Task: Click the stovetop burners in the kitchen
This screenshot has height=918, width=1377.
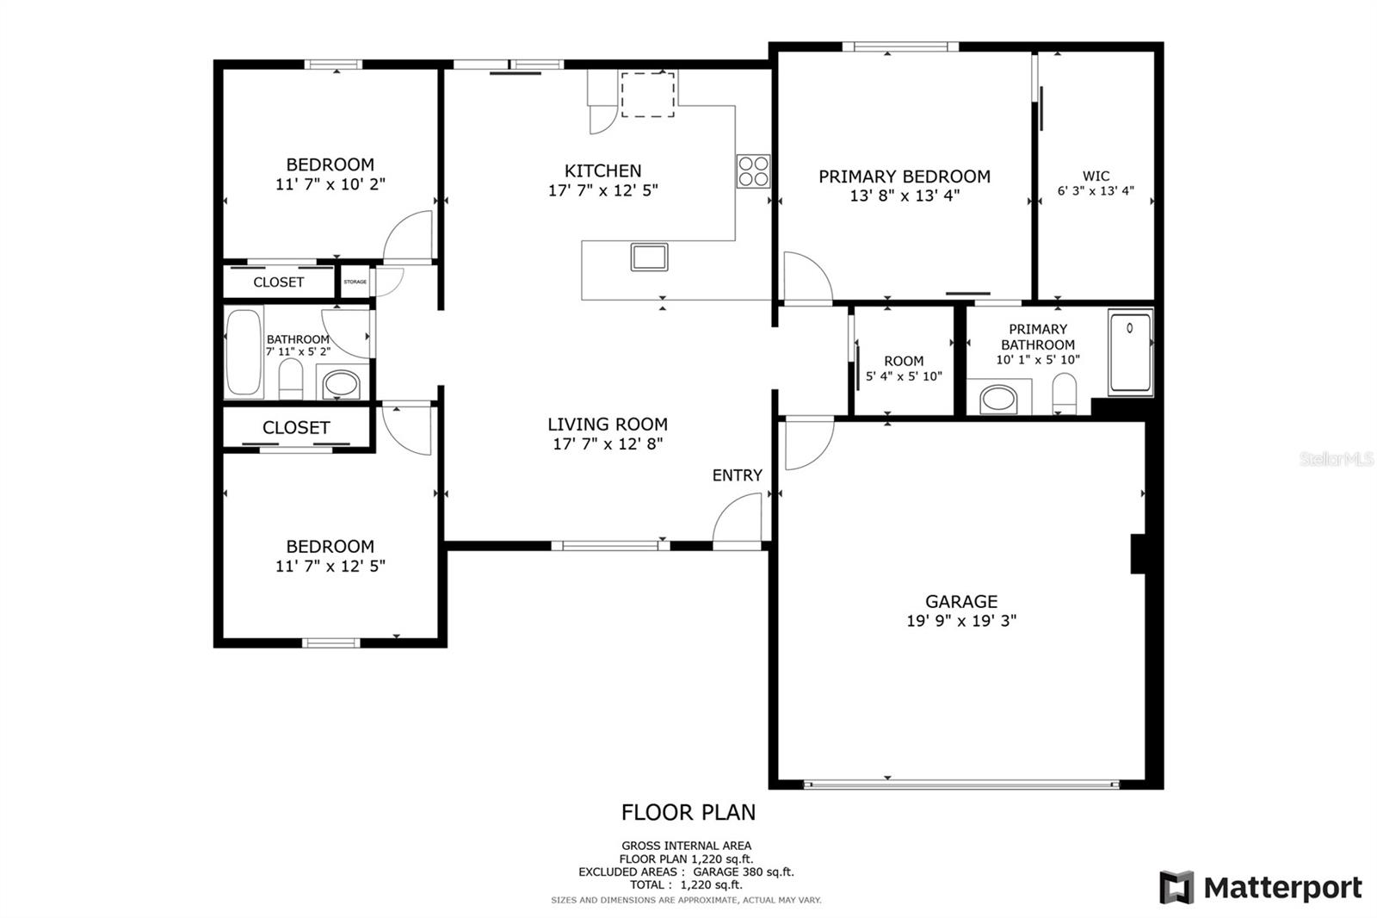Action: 753,171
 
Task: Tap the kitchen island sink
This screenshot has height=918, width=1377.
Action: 649,257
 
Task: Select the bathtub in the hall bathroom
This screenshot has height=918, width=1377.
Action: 244,352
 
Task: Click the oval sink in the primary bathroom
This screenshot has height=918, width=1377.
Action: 998,400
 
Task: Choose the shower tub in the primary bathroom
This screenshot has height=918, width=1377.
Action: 1131,352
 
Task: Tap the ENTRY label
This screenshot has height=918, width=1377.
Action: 737,475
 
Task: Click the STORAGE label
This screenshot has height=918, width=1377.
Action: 355,282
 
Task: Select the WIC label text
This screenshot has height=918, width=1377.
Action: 1096,176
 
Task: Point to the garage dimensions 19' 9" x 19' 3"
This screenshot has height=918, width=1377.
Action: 961,620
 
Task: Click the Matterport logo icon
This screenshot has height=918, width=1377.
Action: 1176,887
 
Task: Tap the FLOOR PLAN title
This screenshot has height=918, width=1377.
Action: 688,812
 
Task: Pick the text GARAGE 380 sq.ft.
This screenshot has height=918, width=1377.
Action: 744,871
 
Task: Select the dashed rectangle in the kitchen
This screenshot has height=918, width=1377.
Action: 647,95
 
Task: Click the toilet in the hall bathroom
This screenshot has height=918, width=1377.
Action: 291,378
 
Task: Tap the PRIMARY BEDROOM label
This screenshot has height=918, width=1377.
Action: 905,177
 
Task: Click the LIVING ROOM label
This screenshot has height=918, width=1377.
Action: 608,424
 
